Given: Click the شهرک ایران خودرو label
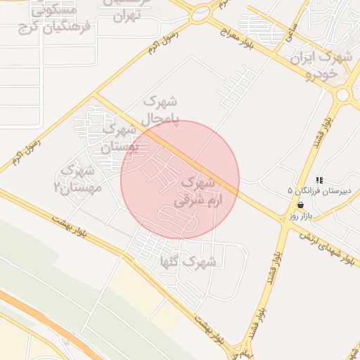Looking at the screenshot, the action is point(323,65).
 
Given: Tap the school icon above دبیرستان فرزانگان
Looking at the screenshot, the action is point(320,181).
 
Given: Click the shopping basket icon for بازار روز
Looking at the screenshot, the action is point(301,205).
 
